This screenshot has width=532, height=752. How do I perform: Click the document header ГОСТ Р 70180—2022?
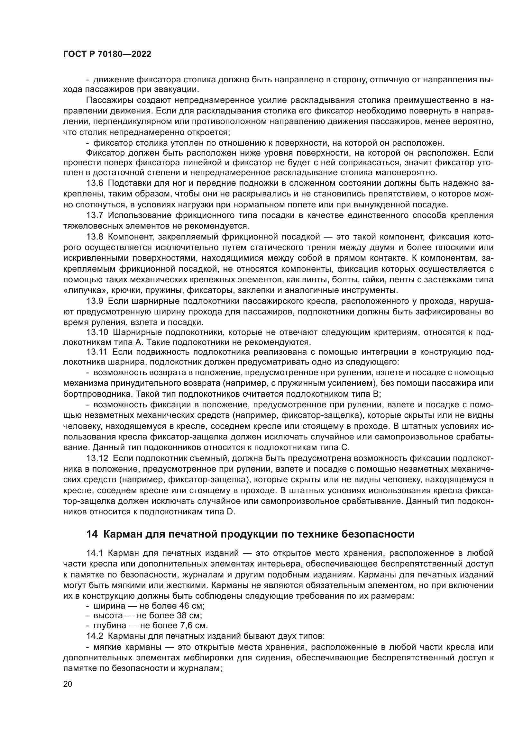[107, 54]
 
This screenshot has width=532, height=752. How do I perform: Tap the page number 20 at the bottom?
[68, 684]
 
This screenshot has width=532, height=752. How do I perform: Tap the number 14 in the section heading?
[92, 534]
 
